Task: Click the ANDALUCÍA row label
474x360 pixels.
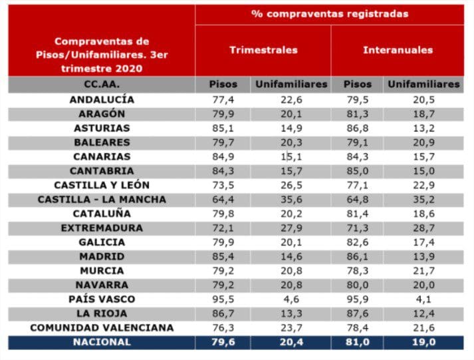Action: [x=102, y=99]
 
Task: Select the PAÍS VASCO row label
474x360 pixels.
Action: [x=102, y=299]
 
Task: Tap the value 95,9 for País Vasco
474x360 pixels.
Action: [x=358, y=299]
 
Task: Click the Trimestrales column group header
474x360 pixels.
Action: [x=263, y=50]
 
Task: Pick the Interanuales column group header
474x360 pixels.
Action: [x=398, y=50]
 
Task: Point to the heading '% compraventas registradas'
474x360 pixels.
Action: [x=329, y=14]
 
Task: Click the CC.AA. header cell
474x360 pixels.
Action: [x=102, y=85]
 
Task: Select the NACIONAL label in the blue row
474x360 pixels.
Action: [x=102, y=342]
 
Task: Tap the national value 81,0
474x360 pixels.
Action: [x=358, y=342]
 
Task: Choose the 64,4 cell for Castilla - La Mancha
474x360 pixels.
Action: [x=223, y=199]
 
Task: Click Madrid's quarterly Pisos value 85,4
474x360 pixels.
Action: [x=223, y=256]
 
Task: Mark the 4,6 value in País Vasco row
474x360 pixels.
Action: [x=291, y=299]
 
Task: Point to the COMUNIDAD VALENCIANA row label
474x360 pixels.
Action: [x=102, y=327]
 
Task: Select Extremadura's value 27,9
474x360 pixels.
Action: [x=291, y=228]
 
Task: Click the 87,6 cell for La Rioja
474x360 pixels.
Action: [x=358, y=313]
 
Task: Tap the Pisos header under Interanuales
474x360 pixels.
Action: [x=358, y=85]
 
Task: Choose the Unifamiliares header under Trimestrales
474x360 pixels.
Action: [x=291, y=85]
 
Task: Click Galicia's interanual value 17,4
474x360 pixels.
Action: [x=423, y=242]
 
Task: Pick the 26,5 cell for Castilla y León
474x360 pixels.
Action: [x=291, y=185]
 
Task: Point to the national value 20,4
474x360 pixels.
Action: [x=291, y=342]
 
